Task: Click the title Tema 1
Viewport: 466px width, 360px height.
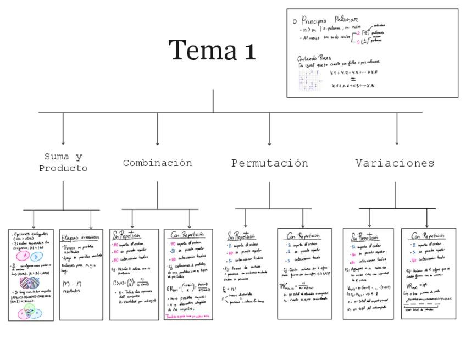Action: click(212, 50)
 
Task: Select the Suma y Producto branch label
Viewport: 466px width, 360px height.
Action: click(63, 163)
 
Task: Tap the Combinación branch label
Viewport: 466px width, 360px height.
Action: click(157, 163)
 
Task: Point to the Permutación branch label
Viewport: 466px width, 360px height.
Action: click(269, 163)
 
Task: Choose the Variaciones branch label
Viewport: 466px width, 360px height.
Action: click(395, 163)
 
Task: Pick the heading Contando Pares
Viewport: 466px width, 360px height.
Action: click(314, 58)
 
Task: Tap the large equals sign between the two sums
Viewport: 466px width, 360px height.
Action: click(353, 79)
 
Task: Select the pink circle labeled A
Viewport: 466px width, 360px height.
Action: click(25, 256)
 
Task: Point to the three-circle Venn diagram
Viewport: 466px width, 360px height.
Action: click(30, 312)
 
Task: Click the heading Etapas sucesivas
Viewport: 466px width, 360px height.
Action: click(80, 237)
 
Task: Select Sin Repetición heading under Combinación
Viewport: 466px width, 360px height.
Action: click(126, 235)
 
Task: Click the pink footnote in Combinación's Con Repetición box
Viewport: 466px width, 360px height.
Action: click(188, 317)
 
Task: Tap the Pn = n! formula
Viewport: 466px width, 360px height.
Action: click(230, 289)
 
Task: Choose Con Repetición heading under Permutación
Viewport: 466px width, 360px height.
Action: click(306, 236)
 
